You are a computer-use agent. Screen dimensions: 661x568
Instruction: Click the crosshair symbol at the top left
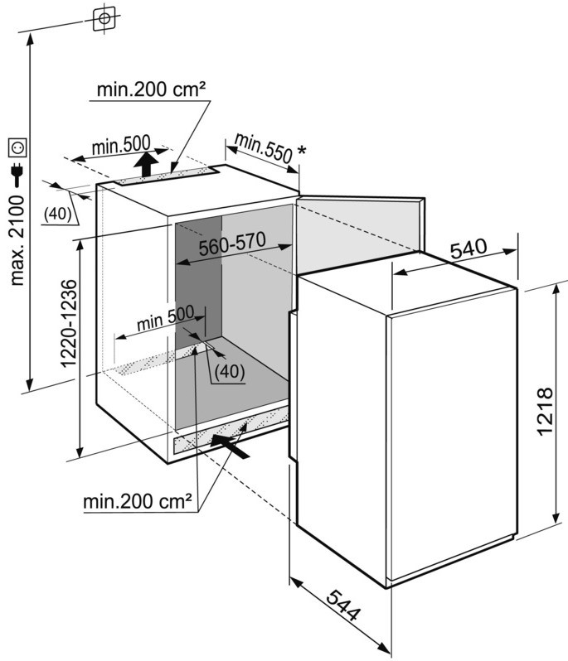[x=104, y=17]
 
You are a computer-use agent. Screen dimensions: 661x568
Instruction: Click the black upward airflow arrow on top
[x=146, y=164]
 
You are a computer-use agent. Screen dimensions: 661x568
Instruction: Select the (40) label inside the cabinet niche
[x=229, y=372]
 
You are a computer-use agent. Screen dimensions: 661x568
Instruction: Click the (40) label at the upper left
[x=56, y=213]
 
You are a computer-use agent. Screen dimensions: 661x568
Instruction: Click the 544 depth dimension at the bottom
[x=342, y=607]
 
